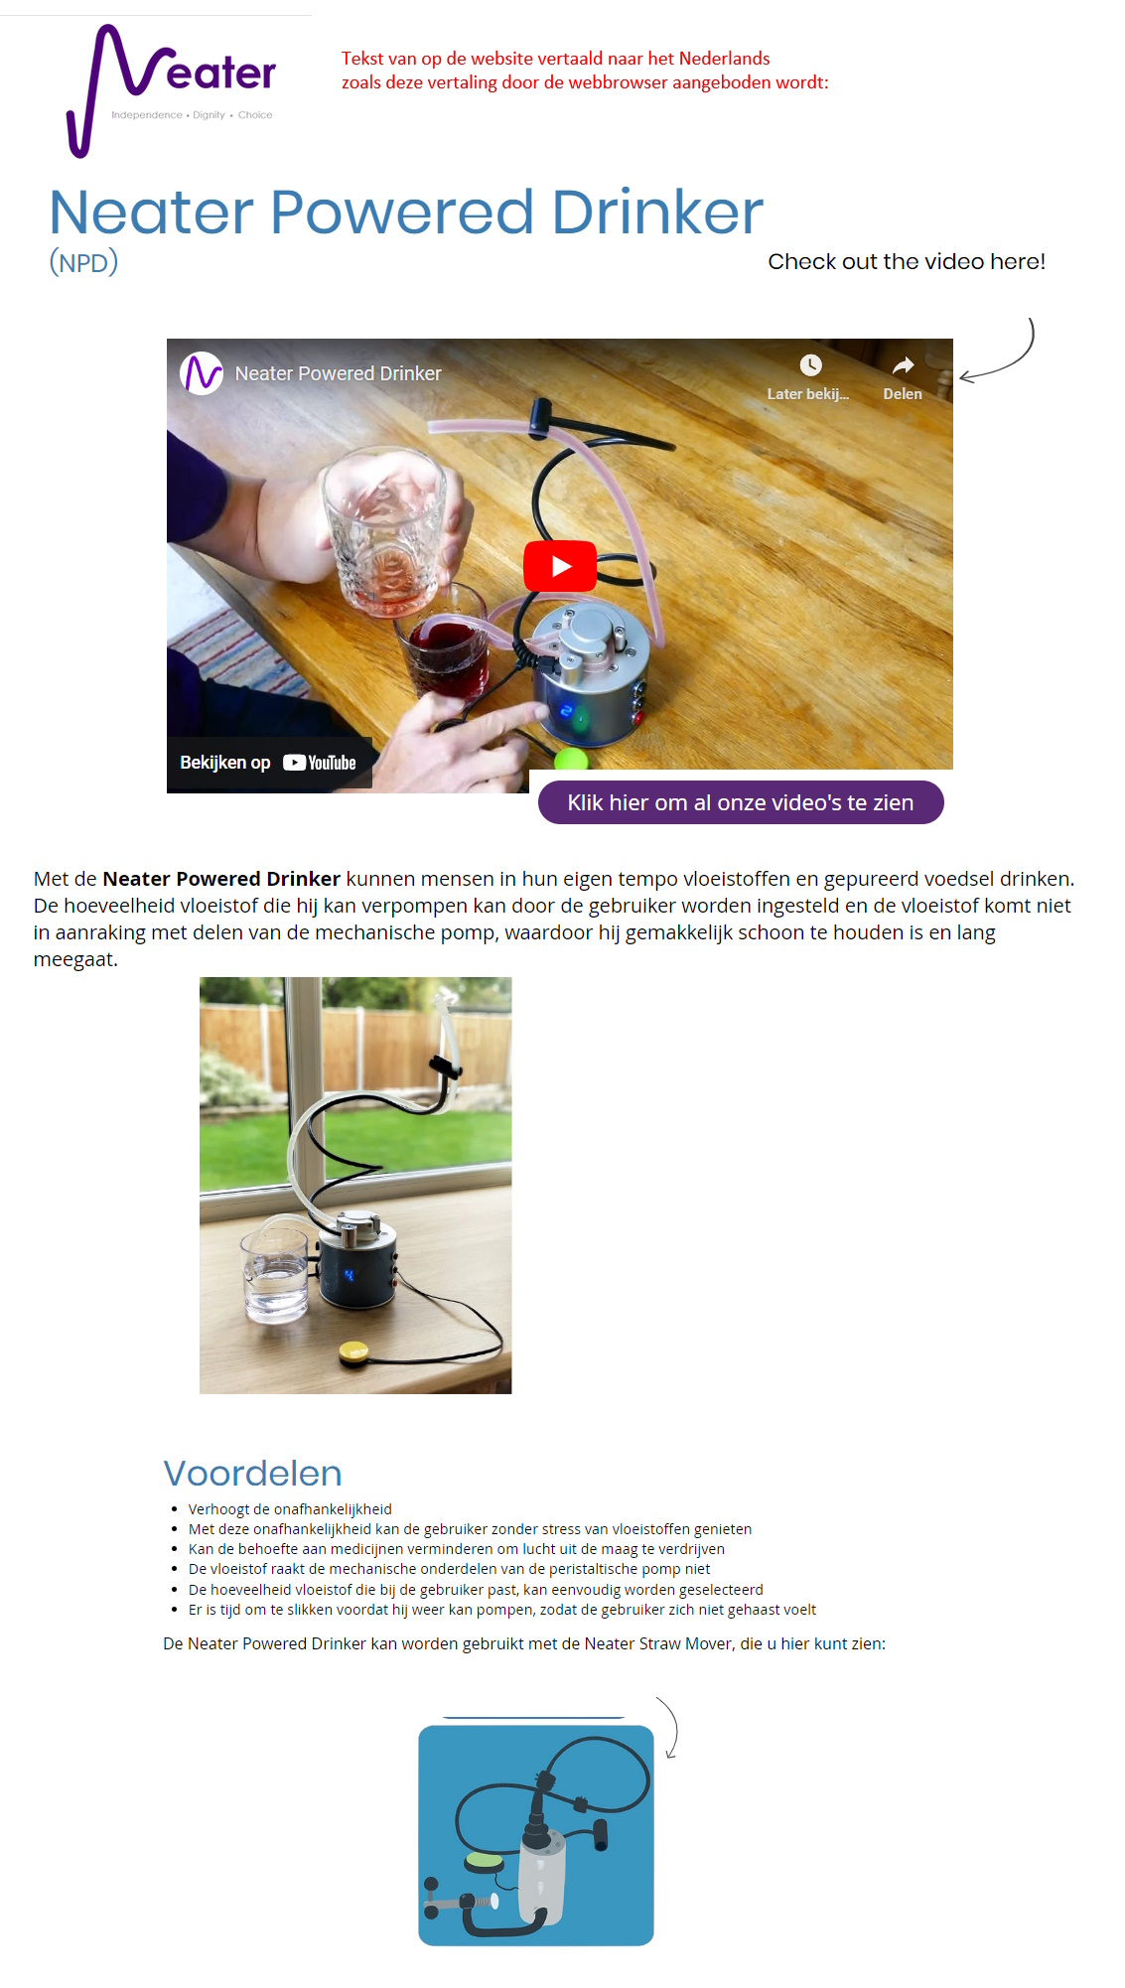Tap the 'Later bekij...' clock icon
coord(810,365)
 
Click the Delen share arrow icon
coord(903,366)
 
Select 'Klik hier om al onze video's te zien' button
coord(740,802)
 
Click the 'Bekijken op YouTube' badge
coord(268,763)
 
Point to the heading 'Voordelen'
coord(252,1473)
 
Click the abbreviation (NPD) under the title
coord(83,262)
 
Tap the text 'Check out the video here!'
coord(906,261)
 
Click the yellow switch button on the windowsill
coord(353,1350)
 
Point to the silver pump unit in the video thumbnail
coord(590,675)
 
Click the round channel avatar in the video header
coord(202,373)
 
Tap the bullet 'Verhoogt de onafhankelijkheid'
coord(290,1509)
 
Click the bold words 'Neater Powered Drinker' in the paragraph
coord(221,879)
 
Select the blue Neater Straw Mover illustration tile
coord(535,1835)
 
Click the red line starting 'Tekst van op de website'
coord(555,59)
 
